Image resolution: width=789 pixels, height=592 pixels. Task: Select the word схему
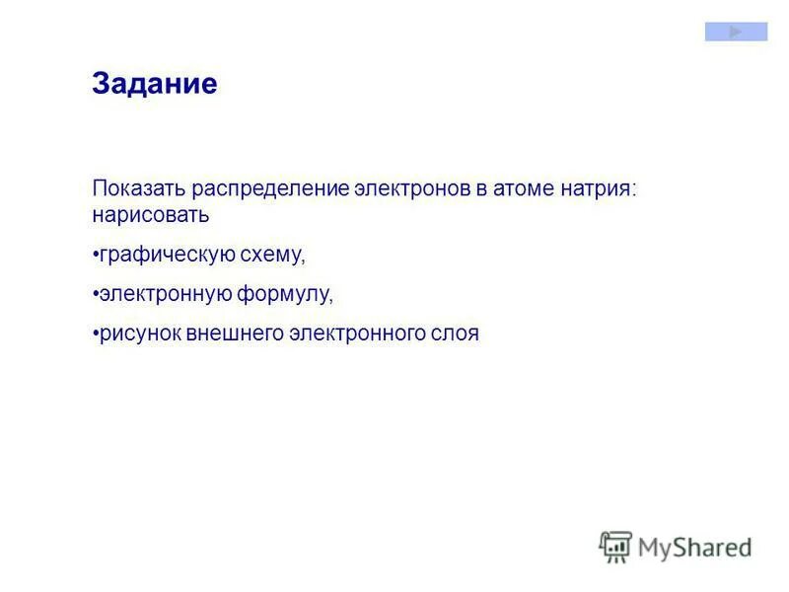coord(272,255)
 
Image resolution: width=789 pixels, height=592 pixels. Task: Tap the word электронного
coord(355,333)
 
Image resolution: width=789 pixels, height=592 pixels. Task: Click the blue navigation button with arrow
coord(736,32)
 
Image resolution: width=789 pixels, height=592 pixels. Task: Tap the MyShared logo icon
coord(615,546)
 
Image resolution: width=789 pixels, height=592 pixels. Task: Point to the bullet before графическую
coord(96,255)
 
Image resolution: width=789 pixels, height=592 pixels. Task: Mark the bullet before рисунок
coord(96,333)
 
